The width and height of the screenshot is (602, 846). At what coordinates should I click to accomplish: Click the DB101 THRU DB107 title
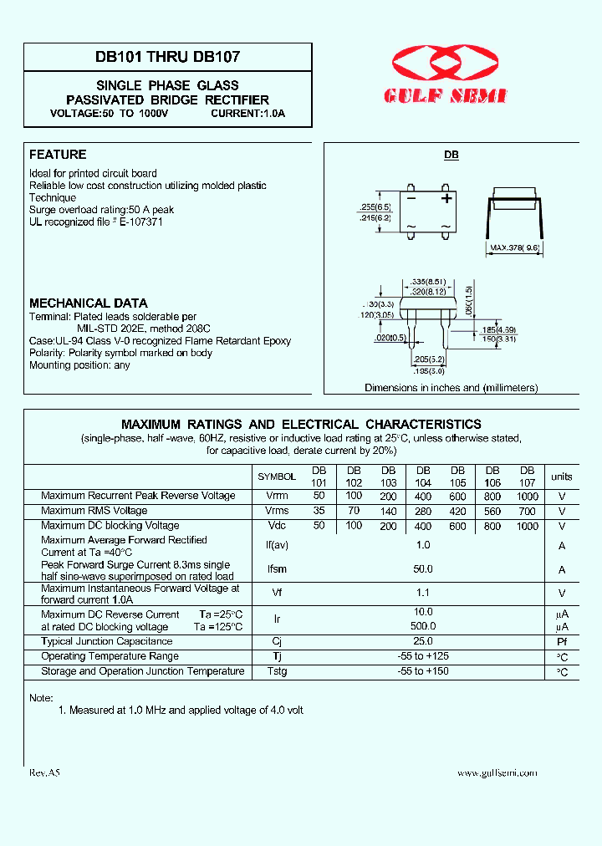(168, 59)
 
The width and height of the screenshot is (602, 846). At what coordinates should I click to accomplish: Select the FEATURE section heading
(58, 155)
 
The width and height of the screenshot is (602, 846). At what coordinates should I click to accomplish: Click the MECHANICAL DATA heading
(89, 303)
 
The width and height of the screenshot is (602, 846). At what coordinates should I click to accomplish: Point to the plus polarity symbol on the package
(446, 198)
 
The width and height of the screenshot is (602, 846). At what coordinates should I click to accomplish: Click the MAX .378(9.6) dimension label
(515, 247)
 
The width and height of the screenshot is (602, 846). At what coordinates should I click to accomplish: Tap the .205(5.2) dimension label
(428, 359)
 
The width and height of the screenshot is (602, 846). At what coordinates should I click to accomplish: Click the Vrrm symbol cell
(277, 496)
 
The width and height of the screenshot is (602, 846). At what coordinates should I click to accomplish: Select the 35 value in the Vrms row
(319, 511)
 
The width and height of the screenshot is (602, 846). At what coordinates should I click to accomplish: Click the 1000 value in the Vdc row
(527, 526)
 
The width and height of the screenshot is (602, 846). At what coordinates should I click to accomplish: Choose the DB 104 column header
(423, 477)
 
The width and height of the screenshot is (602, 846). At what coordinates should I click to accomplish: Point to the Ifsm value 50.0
(423, 569)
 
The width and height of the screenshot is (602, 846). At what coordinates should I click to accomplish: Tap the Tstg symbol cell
(277, 671)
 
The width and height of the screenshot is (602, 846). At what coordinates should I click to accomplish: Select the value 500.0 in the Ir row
(423, 626)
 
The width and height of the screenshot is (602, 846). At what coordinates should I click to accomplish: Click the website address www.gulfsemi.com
(497, 773)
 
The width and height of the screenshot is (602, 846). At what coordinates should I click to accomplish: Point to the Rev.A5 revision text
(45, 773)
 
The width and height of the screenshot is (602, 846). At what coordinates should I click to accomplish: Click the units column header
(562, 477)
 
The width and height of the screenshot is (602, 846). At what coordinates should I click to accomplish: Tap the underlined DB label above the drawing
(451, 155)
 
